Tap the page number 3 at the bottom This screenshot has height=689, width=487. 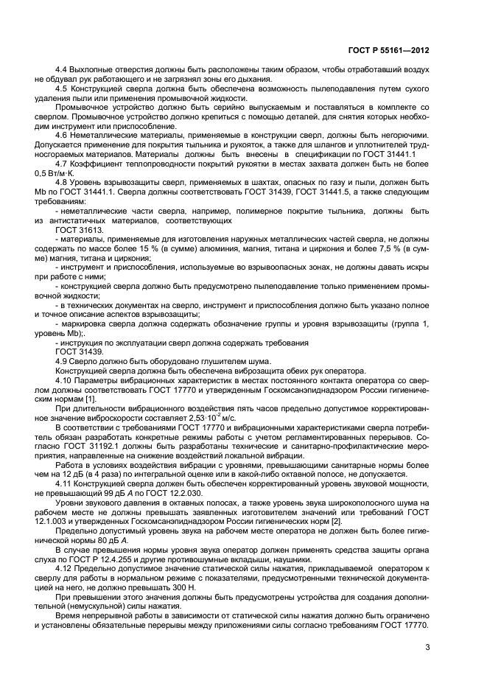(427, 648)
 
